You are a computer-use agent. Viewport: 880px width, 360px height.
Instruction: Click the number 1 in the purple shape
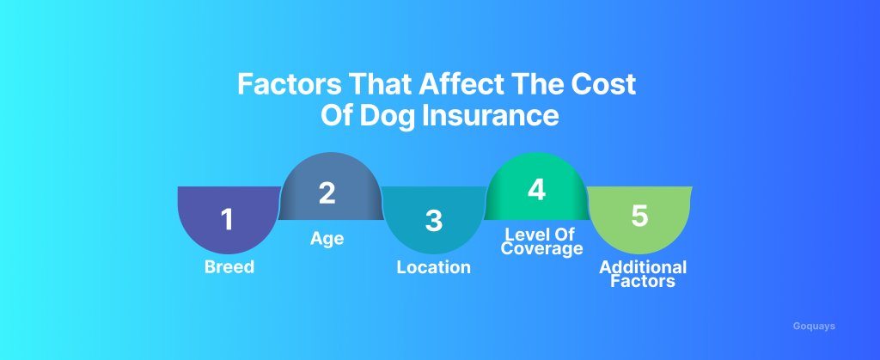pyautogui.click(x=226, y=219)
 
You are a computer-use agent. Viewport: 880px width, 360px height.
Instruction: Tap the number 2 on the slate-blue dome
pyautogui.click(x=327, y=193)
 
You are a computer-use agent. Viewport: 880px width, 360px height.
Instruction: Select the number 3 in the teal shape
pyautogui.click(x=433, y=220)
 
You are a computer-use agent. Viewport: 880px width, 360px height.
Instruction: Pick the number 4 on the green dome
pyautogui.click(x=536, y=190)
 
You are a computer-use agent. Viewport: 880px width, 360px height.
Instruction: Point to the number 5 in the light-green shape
pyautogui.click(x=639, y=216)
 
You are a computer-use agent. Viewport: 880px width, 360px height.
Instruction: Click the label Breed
pyautogui.click(x=229, y=267)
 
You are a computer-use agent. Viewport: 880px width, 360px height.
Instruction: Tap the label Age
pyautogui.click(x=327, y=239)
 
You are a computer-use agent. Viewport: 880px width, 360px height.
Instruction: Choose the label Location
pyautogui.click(x=433, y=267)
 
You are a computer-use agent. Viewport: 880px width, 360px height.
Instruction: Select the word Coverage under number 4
pyautogui.click(x=541, y=248)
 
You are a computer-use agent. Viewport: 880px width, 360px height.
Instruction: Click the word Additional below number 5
pyautogui.click(x=643, y=267)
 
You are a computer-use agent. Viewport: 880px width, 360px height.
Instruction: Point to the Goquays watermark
pyautogui.click(x=814, y=326)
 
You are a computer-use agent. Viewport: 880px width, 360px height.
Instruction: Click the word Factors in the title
pyautogui.click(x=289, y=84)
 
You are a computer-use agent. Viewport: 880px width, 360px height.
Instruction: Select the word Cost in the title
pyautogui.click(x=603, y=84)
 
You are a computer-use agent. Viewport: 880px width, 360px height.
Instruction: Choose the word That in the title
pyautogui.click(x=380, y=84)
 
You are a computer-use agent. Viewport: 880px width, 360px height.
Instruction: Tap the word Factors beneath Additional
pyautogui.click(x=643, y=280)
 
